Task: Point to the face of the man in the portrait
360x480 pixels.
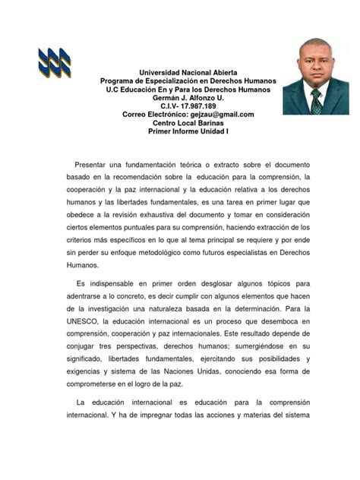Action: pos(314,70)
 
